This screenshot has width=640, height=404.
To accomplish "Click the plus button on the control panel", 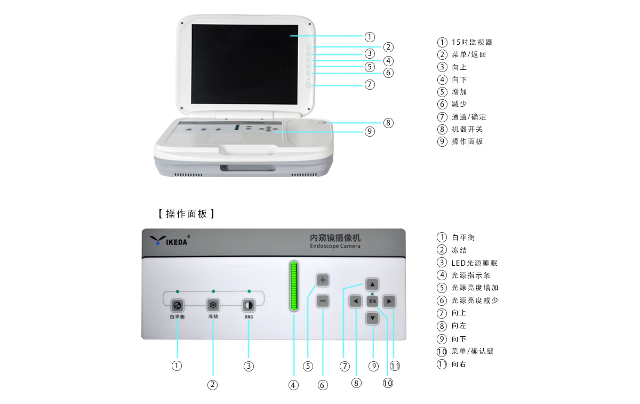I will (x=323, y=280).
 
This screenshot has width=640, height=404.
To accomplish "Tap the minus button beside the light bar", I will (x=323, y=301).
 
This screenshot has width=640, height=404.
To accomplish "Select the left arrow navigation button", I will (x=355, y=302).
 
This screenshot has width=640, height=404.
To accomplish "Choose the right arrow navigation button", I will (x=390, y=302).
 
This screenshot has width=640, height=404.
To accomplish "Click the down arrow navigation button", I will (x=373, y=318).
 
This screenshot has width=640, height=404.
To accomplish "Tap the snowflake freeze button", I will (x=213, y=305).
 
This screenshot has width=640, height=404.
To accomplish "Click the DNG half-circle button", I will (x=249, y=305).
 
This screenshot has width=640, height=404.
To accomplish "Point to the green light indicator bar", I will (x=293, y=286).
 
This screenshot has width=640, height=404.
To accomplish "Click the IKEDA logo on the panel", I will (x=169, y=241).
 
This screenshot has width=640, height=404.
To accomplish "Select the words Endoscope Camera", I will (x=335, y=246).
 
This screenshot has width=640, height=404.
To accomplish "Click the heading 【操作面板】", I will (x=187, y=214).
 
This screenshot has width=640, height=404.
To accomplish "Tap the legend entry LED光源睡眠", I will (x=474, y=263).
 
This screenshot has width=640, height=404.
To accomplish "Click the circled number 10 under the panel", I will (x=388, y=383).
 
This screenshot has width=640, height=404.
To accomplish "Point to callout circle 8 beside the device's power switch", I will (x=388, y=123).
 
